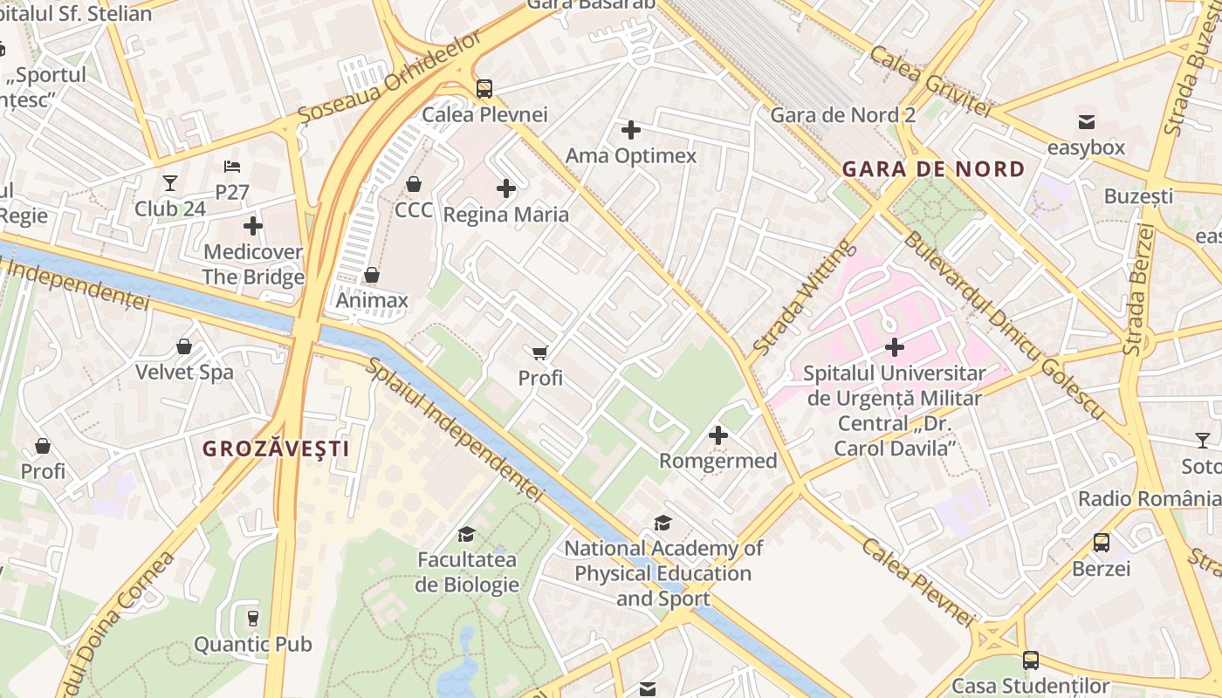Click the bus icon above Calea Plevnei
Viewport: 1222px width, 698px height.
(484, 88)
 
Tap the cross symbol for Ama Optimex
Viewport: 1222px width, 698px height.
(630, 131)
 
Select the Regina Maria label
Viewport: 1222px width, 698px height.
(505, 215)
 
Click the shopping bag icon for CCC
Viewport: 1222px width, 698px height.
(414, 184)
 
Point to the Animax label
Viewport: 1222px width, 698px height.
(372, 301)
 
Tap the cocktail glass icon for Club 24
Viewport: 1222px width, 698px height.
(170, 183)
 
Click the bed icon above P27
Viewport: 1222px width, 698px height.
(232, 166)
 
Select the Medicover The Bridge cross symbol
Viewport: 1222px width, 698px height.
(252, 226)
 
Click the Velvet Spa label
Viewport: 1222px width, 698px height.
(184, 373)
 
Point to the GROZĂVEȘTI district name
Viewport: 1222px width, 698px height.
(276, 449)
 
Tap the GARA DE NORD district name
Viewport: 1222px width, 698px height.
(933, 169)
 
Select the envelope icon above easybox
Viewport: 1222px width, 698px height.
(1086, 121)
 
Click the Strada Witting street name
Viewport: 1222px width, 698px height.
(800, 298)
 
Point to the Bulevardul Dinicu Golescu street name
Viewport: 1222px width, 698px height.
(1004, 325)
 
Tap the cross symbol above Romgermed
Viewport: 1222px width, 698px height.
(717, 435)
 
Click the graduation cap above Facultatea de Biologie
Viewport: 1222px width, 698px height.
(467, 534)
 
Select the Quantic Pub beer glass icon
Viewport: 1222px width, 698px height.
(252, 618)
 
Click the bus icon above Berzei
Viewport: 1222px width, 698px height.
(1102, 543)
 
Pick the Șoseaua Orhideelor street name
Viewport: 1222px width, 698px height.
(389, 79)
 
